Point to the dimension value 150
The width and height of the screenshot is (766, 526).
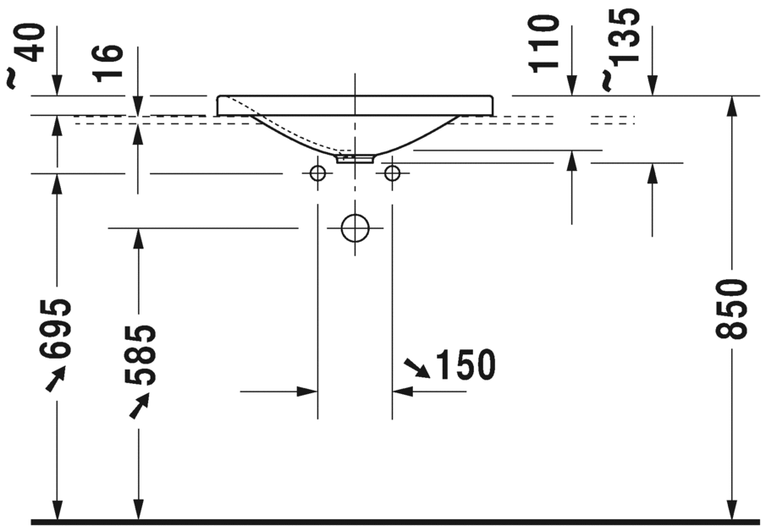(464, 365)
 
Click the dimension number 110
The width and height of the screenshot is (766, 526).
(545, 42)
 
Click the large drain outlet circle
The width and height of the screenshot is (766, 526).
(355, 227)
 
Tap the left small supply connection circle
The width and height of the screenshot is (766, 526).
(317, 173)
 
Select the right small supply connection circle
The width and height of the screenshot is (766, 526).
(392, 173)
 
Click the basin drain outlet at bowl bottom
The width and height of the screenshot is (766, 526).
(355, 157)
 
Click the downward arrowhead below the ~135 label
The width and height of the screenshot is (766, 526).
(653, 86)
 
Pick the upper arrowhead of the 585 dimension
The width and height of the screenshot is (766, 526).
(138, 238)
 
